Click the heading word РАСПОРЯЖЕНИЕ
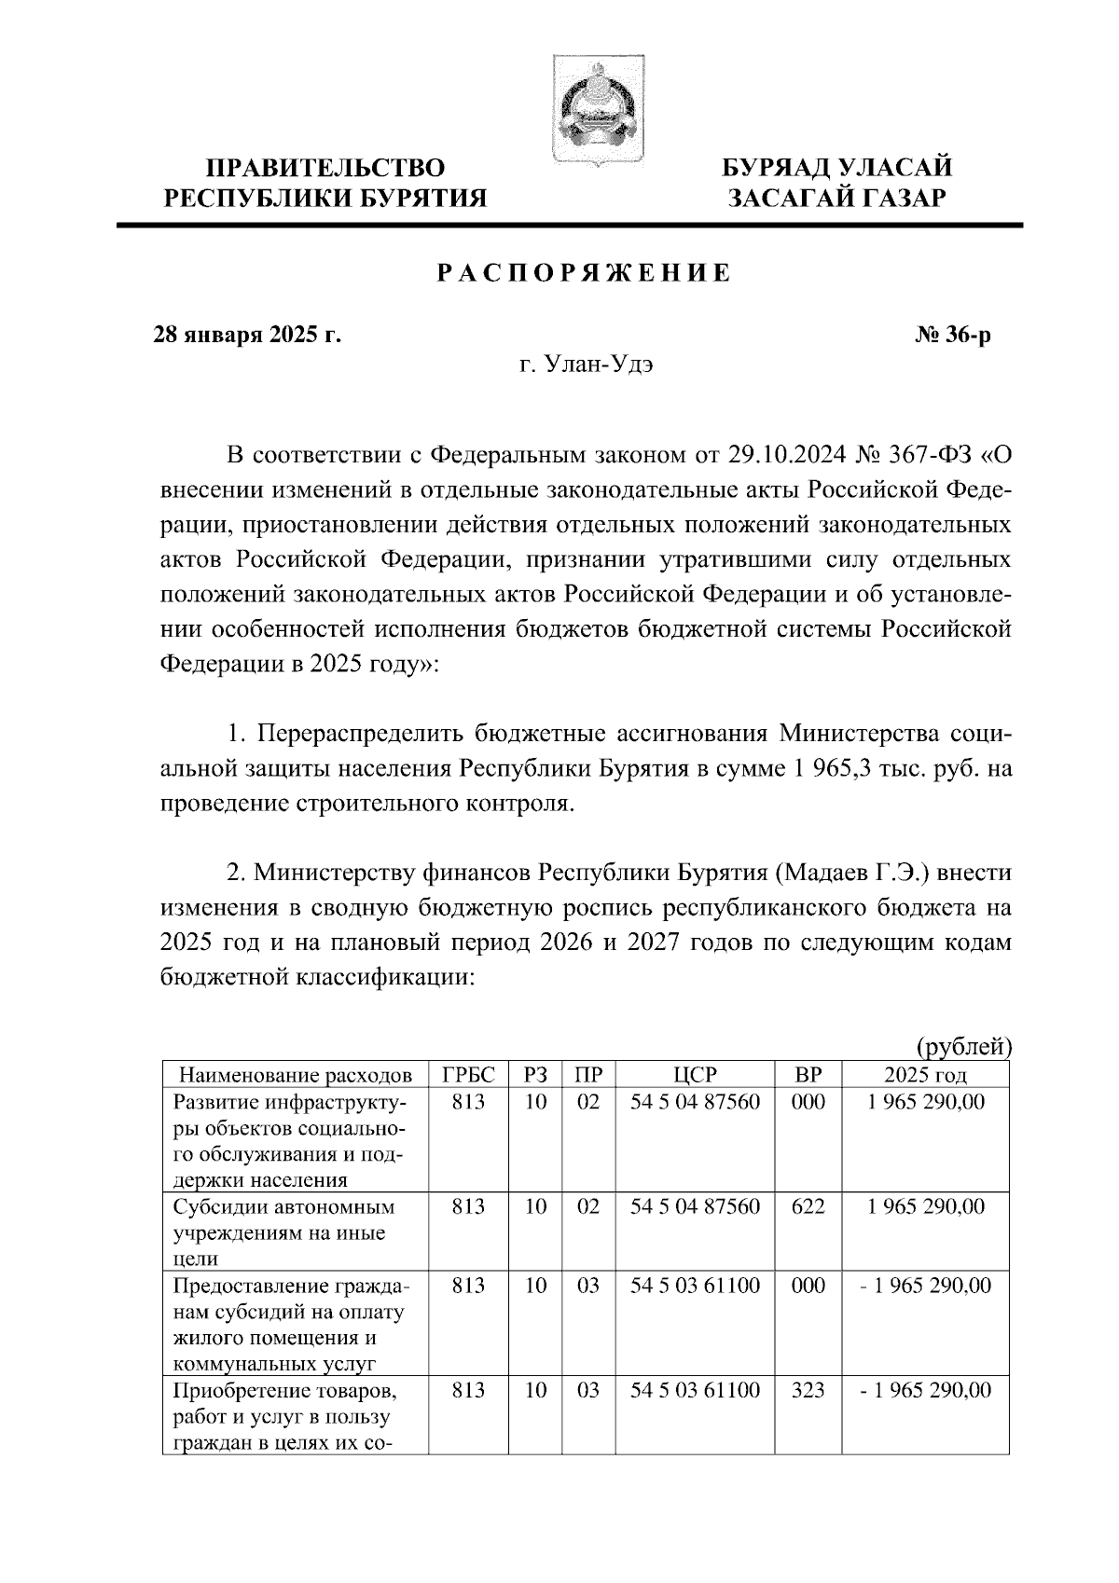coord(585,274)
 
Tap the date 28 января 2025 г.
coord(247,334)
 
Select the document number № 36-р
coord(953,334)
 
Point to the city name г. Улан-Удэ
coord(586,365)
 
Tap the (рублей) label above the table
coord(963,1047)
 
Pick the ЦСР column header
coord(695,1075)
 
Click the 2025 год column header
coord(925,1075)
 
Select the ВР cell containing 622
coord(808,1206)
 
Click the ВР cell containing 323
coord(808,1390)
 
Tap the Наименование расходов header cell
coord(295,1075)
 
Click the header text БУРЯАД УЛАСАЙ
coord(837,168)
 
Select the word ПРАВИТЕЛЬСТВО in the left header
coord(325,168)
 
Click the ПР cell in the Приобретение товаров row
coord(588,1390)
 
